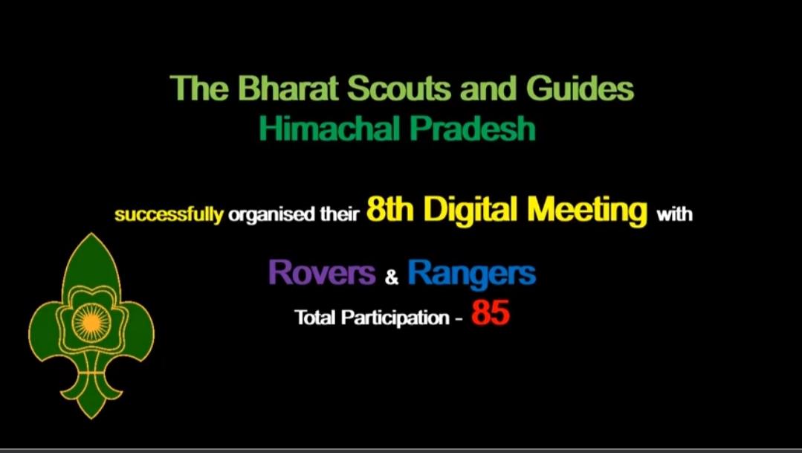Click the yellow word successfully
[169, 216]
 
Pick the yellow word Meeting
[588, 211]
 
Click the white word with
[674, 215]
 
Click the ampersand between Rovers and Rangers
[392, 278]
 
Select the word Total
[315, 318]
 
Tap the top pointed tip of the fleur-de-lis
[91, 237]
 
